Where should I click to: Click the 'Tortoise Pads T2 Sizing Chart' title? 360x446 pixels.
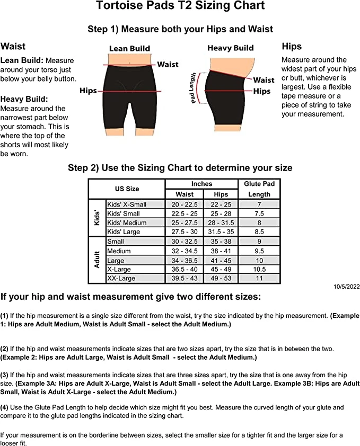pyautogui.click(x=180, y=7)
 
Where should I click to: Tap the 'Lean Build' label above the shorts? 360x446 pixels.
pyautogui.click(x=129, y=48)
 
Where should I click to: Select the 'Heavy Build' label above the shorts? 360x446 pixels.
pyautogui.click(x=231, y=48)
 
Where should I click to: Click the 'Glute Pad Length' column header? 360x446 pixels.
pyautogui.click(x=259, y=189)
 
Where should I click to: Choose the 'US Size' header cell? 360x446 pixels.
pyautogui.click(x=127, y=189)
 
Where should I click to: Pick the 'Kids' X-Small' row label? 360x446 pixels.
pyautogui.click(x=127, y=204)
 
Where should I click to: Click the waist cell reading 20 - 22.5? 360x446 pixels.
pyautogui.click(x=185, y=204)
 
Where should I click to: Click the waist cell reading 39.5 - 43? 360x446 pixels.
pyautogui.click(x=185, y=279)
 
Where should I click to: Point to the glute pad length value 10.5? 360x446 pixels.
pyautogui.click(x=259, y=269)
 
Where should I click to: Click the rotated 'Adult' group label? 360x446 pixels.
pyautogui.click(x=97, y=260)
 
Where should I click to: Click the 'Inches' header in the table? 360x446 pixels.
pyautogui.click(x=201, y=184)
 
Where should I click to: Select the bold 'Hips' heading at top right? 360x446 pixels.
pyautogui.click(x=292, y=46)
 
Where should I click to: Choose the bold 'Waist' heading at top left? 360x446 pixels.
pyautogui.click(x=13, y=47)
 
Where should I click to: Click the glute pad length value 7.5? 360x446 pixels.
pyautogui.click(x=259, y=213)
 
